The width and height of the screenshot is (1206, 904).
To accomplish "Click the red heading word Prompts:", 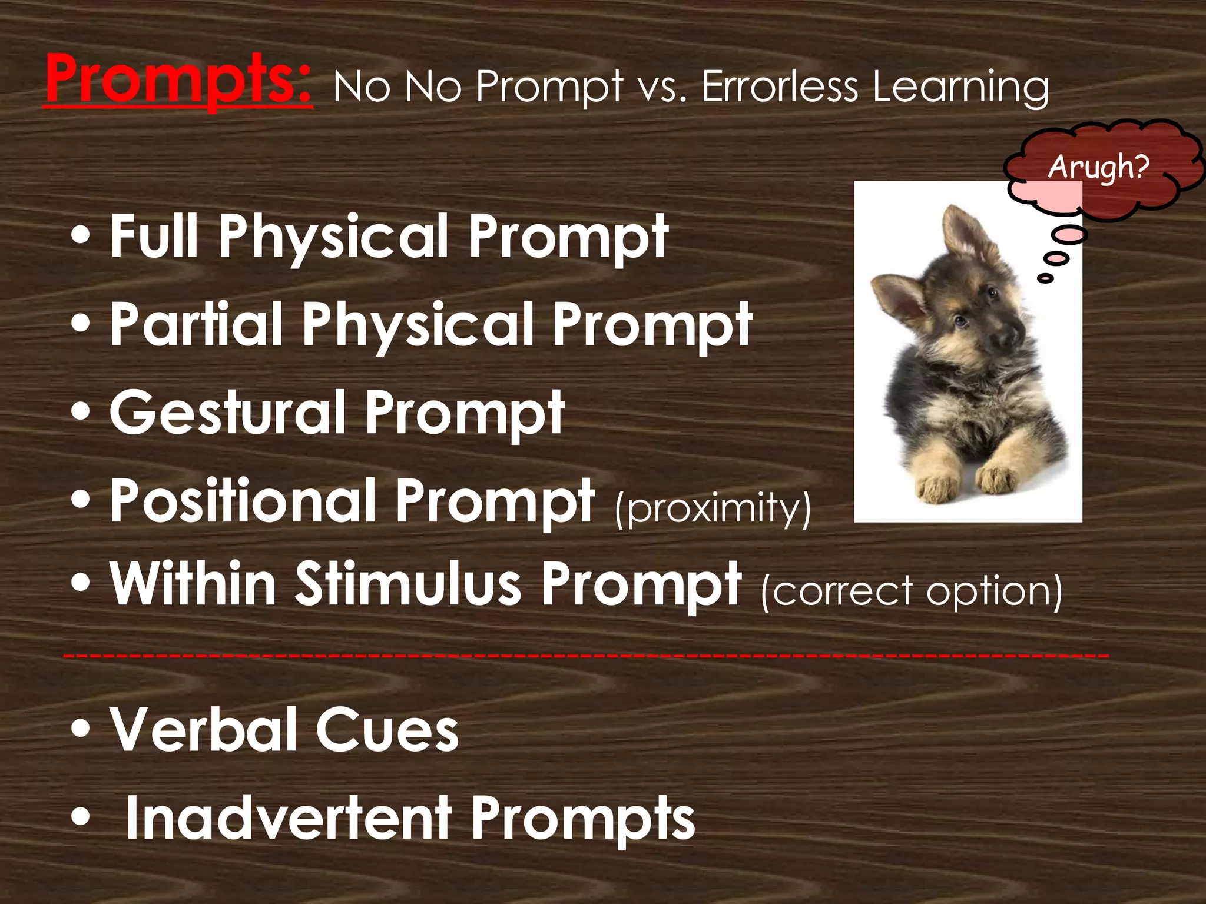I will tap(178, 81).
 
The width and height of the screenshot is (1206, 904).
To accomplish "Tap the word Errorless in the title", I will tap(780, 87).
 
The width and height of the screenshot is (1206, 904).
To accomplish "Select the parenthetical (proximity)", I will tap(713, 507).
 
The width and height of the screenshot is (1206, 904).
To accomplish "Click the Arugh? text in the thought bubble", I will tap(1098, 167).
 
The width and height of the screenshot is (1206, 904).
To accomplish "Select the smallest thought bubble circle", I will tap(1045, 278).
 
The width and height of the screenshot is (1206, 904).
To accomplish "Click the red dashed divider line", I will tap(585, 655).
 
